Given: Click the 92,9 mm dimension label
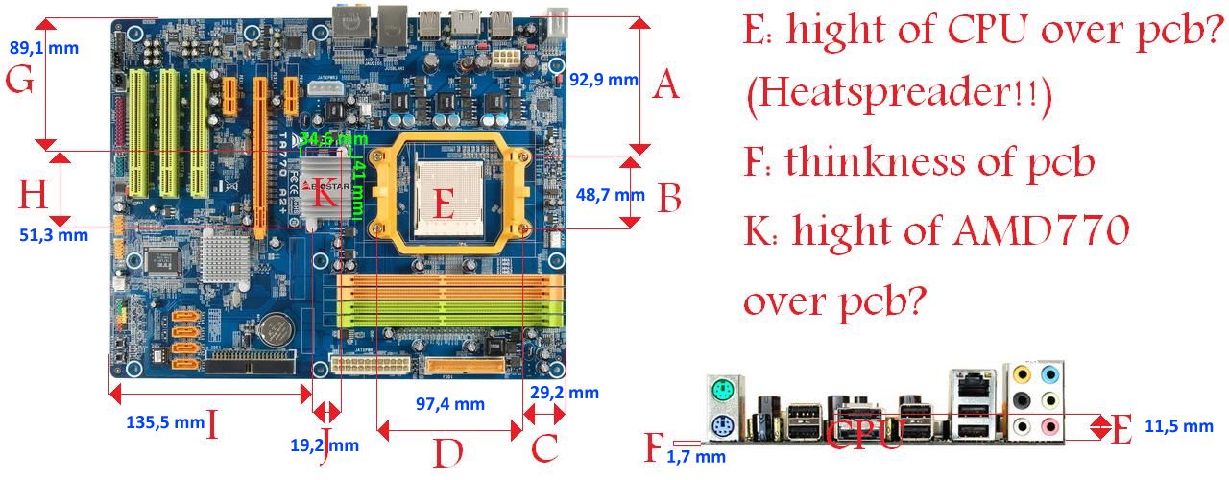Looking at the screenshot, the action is coord(603,80).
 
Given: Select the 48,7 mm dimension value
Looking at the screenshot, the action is coord(610,195).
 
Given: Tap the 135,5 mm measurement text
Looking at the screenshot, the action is coord(165,420).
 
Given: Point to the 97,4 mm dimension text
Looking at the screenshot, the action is coord(449,403).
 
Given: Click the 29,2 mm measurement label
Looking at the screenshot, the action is coord(564,393).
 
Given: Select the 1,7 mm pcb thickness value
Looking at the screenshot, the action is coord(696,457).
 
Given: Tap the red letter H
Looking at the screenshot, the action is coord(33,197).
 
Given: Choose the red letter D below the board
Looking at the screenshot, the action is coord(448,450).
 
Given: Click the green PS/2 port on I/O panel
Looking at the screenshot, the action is coord(723,391).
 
